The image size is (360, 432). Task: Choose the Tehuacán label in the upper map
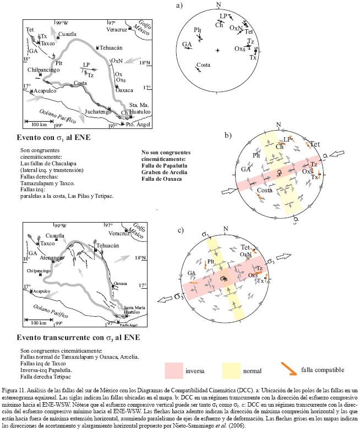coord(111,48)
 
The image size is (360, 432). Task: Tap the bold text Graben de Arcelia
coord(163,164)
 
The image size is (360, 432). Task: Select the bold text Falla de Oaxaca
coord(161,170)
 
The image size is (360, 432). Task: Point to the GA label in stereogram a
coord(187,44)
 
